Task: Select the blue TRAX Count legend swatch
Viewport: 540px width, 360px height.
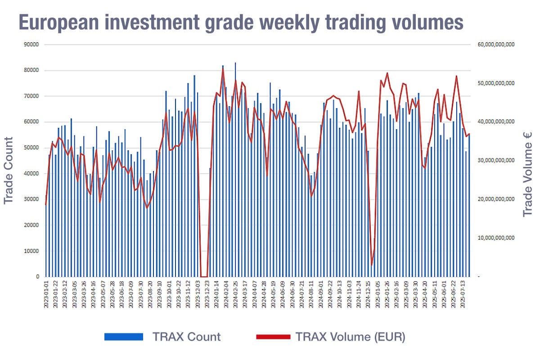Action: pos(123,337)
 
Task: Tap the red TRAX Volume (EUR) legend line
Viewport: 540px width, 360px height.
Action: pos(273,337)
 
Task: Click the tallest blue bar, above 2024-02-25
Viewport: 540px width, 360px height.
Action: pos(235,171)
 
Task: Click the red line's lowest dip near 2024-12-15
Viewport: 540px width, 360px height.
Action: pos(372,265)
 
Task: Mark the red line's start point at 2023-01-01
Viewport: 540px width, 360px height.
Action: pos(46,205)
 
